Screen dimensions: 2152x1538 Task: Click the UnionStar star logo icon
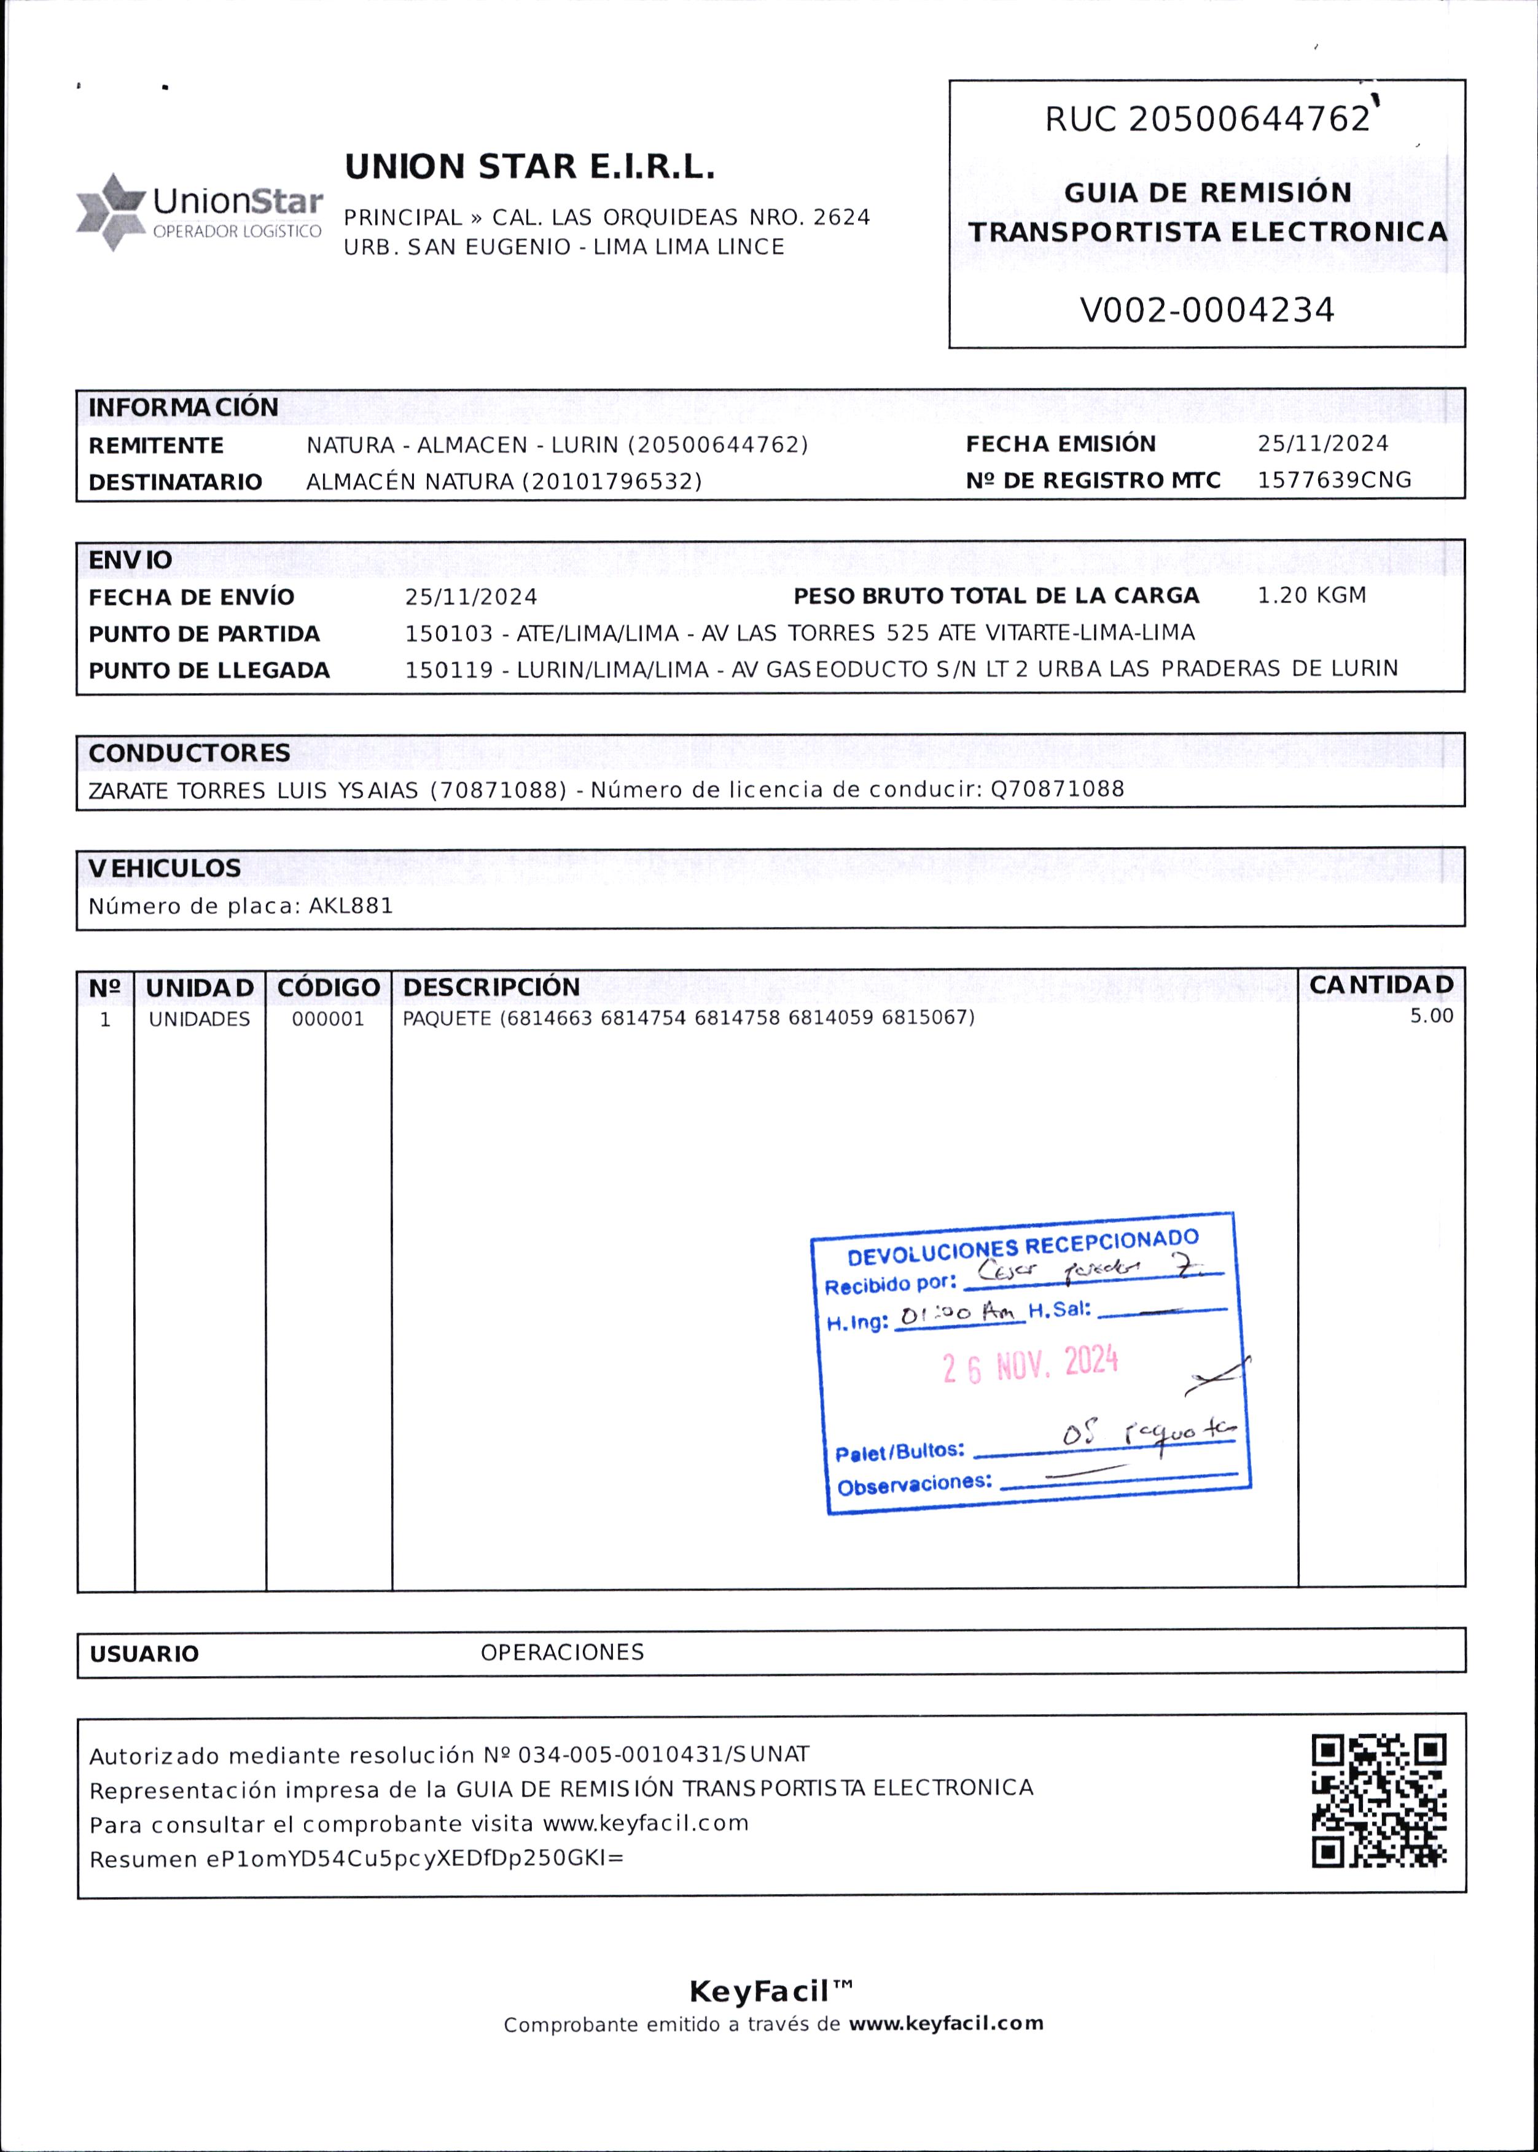(111, 212)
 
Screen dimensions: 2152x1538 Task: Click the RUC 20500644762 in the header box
(1208, 119)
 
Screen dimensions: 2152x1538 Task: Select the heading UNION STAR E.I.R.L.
(529, 168)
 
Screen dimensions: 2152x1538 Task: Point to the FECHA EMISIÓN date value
(1322, 444)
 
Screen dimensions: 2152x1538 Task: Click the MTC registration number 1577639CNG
(1333, 480)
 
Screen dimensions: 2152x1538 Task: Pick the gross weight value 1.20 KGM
(1311, 596)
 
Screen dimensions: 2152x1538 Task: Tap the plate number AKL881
(350, 906)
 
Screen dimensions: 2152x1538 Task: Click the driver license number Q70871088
(1057, 790)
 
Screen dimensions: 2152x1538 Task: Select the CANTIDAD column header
(1380, 985)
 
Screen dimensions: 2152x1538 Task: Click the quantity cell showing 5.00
(1431, 1016)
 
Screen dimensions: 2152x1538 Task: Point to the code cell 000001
(327, 1020)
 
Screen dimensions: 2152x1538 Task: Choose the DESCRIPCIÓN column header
(491, 987)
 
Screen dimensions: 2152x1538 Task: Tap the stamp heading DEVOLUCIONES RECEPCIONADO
(1022, 1247)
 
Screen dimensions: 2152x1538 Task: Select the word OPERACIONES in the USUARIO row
(561, 1653)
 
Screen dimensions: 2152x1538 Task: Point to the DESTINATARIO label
(175, 483)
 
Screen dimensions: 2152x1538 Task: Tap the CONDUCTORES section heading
(189, 753)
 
